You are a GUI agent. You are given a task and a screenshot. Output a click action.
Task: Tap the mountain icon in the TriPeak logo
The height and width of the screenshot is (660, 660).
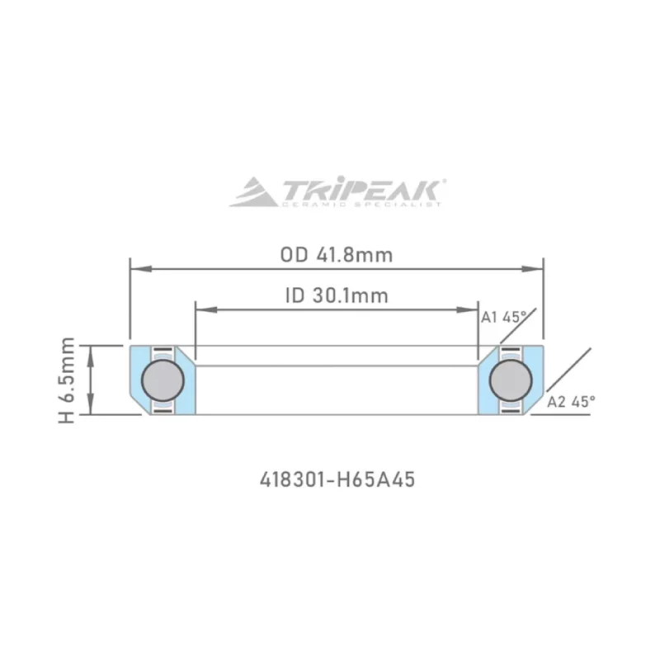254,193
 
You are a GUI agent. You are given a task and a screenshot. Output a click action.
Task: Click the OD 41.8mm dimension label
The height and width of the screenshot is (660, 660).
336,254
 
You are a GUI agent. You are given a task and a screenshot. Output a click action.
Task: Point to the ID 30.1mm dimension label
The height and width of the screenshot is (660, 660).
336,295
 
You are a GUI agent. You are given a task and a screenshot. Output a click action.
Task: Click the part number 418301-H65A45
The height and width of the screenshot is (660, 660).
336,479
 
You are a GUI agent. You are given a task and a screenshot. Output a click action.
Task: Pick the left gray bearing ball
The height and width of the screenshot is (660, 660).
163,380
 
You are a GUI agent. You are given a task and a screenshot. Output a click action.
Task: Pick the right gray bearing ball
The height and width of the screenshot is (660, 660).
511,380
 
